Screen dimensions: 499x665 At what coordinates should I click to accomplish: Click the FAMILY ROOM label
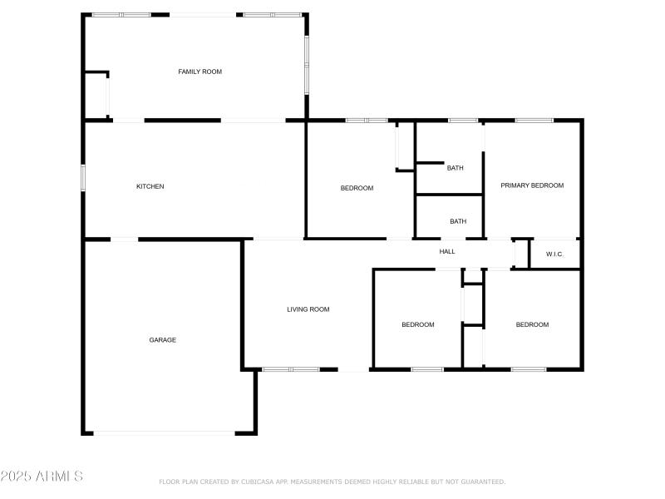click(x=199, y=72)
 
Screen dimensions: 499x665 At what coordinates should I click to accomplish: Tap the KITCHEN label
click(x=150, y=186)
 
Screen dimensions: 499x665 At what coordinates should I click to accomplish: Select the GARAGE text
click(x=162, y=339)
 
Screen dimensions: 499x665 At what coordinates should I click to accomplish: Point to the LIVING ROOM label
click(x=308, y=309)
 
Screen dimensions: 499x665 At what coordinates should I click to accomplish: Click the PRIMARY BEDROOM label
click(x=532, y=185)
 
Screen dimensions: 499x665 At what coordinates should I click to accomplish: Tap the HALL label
click(x=447, y=251)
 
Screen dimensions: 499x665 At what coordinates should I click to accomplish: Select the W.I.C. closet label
click(x=554, y=254)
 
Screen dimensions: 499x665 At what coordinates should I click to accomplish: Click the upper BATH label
click(x=456, y=168)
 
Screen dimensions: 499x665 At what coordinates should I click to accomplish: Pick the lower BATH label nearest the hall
click(x=458, y=221)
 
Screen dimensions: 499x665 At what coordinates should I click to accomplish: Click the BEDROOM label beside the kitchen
click(x=357, y=188)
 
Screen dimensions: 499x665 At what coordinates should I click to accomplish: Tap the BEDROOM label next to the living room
click(x=417, y=324)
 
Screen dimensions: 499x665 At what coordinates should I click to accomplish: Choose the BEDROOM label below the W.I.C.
click(x=532, y=324)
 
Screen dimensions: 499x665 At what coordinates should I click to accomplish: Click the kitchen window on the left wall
click(x=83, y=179)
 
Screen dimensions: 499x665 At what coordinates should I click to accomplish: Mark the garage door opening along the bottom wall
click(x=164, y=432)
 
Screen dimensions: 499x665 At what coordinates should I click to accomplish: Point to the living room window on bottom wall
click(x=291, y=368)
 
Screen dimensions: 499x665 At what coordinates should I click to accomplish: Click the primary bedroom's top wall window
click(x=534, y=121)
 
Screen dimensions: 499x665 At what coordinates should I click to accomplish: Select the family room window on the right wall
click(x=306, y=65)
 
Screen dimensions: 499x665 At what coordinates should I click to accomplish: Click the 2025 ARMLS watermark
click(x=42, y=477)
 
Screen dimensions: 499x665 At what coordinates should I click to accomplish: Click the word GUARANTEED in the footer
click(x=479, y=482)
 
